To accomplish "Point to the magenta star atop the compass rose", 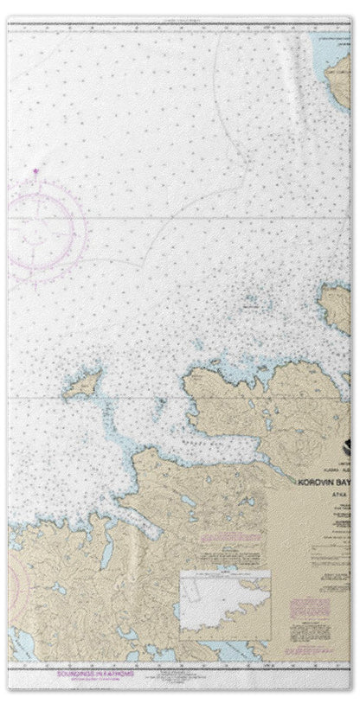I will pos(35,172).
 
